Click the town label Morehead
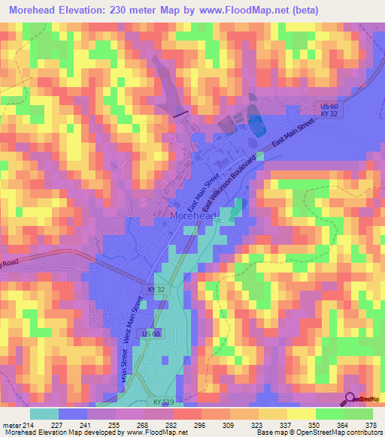pyautogui.click(x=194, y=216)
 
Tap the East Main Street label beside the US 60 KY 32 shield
pyautogui.click(x=293, y=134)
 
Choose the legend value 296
pyautogui.click(x=199, y=425)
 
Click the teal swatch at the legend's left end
pyautogui.click(x=44, y=414)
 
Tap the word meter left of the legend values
pyautogui.click(x=11, y=425)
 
